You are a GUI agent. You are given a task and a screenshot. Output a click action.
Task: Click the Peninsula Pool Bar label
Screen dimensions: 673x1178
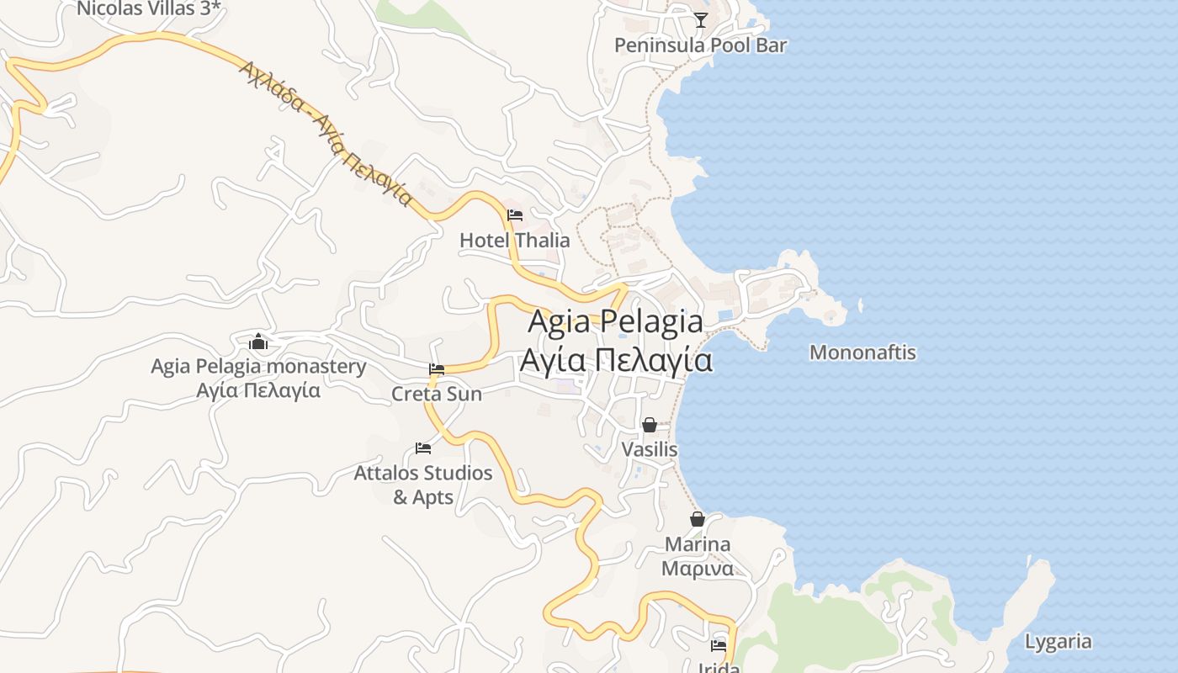click(700, 45)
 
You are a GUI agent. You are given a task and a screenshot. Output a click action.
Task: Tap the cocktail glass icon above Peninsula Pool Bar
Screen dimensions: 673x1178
click(701, 20)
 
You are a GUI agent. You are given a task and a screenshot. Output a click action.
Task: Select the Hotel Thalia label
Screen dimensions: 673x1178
click(514, 241)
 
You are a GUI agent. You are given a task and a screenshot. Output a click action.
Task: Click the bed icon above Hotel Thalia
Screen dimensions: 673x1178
click(515, 215)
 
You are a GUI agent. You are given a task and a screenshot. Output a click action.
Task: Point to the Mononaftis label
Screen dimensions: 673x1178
click(862, 352)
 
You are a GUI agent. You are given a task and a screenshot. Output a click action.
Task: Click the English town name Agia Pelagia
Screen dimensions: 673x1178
click(615, 321)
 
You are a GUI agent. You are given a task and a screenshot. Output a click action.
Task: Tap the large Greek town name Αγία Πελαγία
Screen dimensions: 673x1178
click(615, 360)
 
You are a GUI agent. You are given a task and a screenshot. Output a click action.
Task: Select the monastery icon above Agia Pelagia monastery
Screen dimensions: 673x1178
click(258, 342)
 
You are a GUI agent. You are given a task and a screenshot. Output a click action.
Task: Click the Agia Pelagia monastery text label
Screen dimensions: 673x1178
click(258, 367)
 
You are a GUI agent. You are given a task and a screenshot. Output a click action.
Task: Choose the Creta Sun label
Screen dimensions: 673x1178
click(437, 394)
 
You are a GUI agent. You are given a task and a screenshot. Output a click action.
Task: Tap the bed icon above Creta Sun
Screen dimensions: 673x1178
click(437, 369)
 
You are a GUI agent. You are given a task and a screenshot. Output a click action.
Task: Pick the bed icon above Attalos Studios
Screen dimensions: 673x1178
click(423, 448)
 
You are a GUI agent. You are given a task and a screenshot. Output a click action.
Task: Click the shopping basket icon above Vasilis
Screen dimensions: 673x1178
click(649, 425)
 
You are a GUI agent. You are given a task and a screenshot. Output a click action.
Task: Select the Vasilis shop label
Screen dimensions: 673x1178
click(649, 449)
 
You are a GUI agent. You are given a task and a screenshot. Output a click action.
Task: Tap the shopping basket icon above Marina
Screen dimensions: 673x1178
click(698, 519)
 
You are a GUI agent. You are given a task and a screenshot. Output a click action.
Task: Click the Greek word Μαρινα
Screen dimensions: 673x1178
click(697, 569)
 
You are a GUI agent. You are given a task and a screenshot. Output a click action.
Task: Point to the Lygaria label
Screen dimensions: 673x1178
click(1058, 642)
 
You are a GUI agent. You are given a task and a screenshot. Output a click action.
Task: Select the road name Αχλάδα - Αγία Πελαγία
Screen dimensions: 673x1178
click(326, 133)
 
